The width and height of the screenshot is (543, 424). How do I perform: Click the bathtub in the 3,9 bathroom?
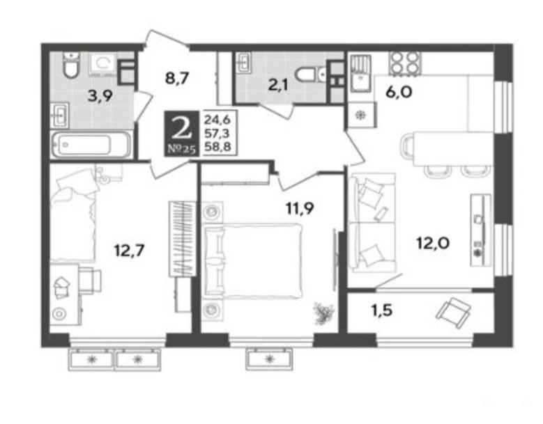pyautogui.click(x=91, y=144)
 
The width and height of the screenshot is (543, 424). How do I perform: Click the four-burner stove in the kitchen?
pyautogui.click(x=404, y=63)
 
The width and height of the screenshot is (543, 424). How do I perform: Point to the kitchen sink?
pyautogui.click(x=361, y=73)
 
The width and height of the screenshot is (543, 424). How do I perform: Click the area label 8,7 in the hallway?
pyautogui.click(x=176, y=79)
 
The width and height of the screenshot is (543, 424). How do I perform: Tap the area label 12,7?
pyautogui.click(x=129, y=250)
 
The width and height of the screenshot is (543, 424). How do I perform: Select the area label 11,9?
pyautogui.click(x=300, y=208)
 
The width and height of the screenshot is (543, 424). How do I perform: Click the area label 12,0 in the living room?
pyautogui.click(x=433, y=243)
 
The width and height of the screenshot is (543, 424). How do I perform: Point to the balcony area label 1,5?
pyautogui.click(x=381, y=311)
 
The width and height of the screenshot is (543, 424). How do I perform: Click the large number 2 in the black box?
pyautogui.click(x=181, y=127)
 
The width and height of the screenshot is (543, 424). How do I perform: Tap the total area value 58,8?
pyautogui.click(x=217, y=147)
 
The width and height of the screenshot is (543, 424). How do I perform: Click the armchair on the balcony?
pyautogui.click(x=453, y=313)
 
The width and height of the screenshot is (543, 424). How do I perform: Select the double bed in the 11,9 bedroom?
pyautogui.click(x=252, y=261)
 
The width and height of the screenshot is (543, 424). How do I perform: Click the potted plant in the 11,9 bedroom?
pyautogui.click(x=323, y=314)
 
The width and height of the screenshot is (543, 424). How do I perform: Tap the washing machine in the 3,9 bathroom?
pyautogui.click(x=103, y=65)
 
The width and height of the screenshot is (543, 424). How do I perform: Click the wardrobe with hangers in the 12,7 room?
pyautogui.click(x=182, y=239)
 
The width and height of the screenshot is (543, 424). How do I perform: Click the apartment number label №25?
pyautogui.click(x=181, y=149)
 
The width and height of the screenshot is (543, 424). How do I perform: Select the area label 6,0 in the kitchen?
pyautogui.click(x=399, y=93)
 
